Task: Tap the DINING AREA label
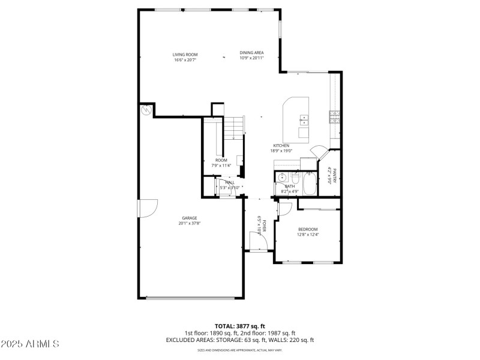tap(251, 53)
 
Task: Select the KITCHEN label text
tap(281, 146)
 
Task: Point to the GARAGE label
tap(190, 218)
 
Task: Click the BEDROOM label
tap(308, 230)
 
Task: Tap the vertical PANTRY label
tap(335, 175)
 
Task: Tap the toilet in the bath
tap(296, 179)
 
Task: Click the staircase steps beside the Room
tap(235, 127)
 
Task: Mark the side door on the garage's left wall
tap(147, 208)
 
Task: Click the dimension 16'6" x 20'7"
tap(185, 60)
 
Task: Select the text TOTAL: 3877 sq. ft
tap(239, 327)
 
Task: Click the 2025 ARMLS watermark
tap(30, 344)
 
